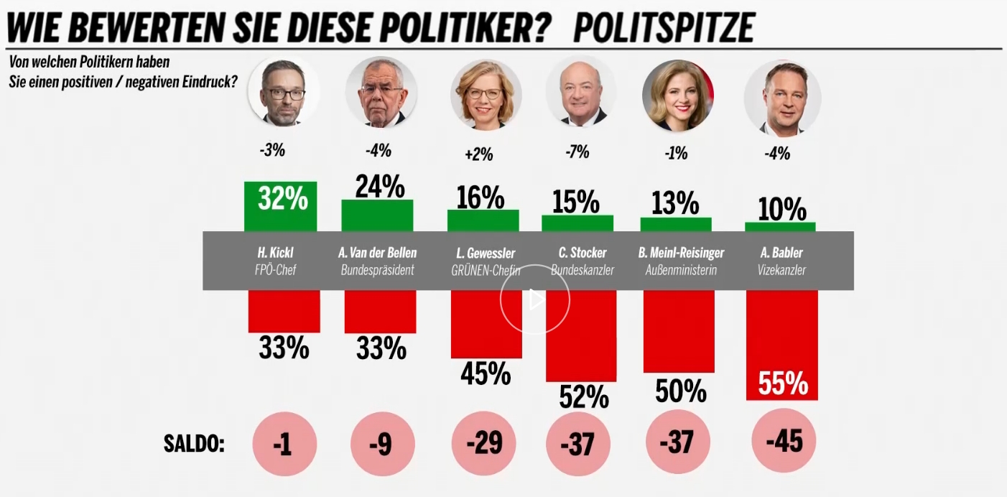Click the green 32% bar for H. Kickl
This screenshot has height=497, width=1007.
pyautogui.click(x=281, y=206)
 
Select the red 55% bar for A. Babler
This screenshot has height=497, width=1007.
pyautogui.click(x=781, y=345)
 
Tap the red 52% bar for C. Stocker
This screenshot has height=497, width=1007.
pyautogui.click(x=581, y=335)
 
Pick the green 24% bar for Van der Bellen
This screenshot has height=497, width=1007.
pyautogui.click(x=377, y=215)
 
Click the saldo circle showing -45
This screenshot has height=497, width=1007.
pyautogui.click(x=784, y=441)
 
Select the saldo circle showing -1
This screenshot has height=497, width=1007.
pyautogui.click(x=284, y=444)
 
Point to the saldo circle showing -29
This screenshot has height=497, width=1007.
pyautogui.click(x=483, y=444)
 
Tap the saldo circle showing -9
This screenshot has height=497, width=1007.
pyautogui.click(x=383, y=444)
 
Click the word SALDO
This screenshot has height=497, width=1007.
pyautogui.click(x=194, y=444)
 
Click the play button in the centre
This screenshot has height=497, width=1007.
pyautogui.click(x=535, y=299)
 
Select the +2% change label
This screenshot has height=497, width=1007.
pyautogui.click(x=479, y=155)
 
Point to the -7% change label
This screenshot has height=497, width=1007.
pyautogui.click(x=577, y=152)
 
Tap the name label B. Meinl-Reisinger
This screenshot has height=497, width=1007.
pyautogui.click(x=681, y=253)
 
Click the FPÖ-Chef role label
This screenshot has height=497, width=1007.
pyautogui.click(x=275, y=269)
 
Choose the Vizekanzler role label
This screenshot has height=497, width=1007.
pyautogui.click(x=781, y=269)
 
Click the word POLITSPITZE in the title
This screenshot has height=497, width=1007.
pyautogui.click(x=664, y=28)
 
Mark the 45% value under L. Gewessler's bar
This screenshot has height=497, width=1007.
pyautogui.click(x=486, y=374)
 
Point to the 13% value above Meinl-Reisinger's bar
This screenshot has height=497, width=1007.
pyautogui.click(x=675, y=203)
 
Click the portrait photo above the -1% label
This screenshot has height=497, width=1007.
pyautogui.click(x=677, y=96)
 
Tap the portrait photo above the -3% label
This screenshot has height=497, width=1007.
pyautogui.click(x=283, y=92)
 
